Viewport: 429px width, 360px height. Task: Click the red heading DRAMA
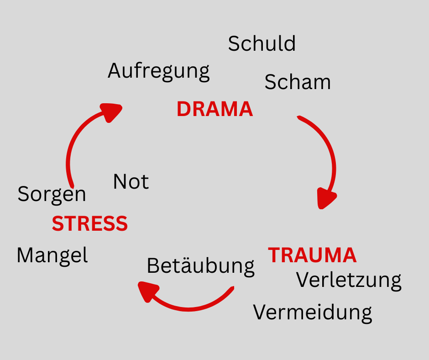click(214, 110)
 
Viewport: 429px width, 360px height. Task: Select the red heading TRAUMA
click(312, 255)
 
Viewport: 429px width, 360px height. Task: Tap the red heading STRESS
click(89, 224)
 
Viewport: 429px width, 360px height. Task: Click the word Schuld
click(262, 44)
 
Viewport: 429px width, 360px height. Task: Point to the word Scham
click(298, 82)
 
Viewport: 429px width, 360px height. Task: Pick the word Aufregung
click(159, 72)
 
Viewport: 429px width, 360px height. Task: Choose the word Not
click(131, 182)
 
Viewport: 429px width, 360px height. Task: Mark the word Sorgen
click(52, 195)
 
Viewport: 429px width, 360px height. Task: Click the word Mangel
click(52, 255)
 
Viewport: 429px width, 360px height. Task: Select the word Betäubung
click(200, 266)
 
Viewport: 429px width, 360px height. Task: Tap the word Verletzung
click(349, 280)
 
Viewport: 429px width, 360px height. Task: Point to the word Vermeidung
click(313, 313)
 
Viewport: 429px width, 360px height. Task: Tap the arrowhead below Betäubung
click(148, 291)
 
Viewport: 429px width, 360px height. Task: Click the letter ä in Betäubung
click(194, 265)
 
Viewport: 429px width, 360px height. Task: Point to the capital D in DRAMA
click(183, 110)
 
